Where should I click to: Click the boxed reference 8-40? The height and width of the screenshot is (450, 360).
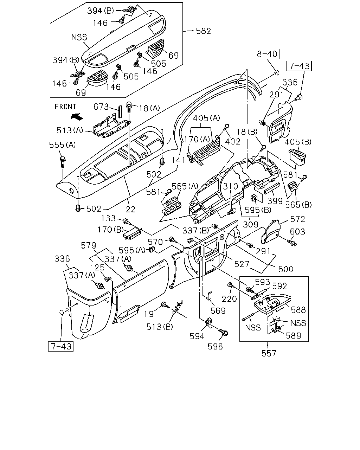pyautogui.click(x=267, y=54)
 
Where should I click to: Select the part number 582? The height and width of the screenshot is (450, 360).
pyautogui.click(x=203, y=31)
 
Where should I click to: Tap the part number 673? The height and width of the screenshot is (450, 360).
pyautogui.click(x=101, y=107)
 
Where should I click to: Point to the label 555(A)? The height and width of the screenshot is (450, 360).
pyautogui.click(x=62, y=145)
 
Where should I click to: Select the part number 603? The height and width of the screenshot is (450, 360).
pyautogui.click(x=297, y=232)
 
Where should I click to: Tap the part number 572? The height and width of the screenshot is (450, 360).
pyautogui.click(x=297, y=219)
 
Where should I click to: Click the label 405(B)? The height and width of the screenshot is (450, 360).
pyautogui.click(x=298, y=142)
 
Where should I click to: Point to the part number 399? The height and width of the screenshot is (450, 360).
pyautogui.click(x=275, y=201)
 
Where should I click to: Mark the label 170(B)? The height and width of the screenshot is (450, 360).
pyautogui.click(x=111, y=230)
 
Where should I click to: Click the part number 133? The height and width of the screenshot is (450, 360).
pyautogui.click(x=108, y=218)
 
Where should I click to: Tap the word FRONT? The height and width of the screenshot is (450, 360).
pyautogui.click(x=65, y=107)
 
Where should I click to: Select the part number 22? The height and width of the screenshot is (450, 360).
pyautogui.click(x=131, y=209)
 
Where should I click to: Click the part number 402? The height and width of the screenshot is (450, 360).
pyautogui.click(x=233, y=142)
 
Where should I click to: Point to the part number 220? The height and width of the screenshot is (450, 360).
pyautogui.click(x=229, y=299)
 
